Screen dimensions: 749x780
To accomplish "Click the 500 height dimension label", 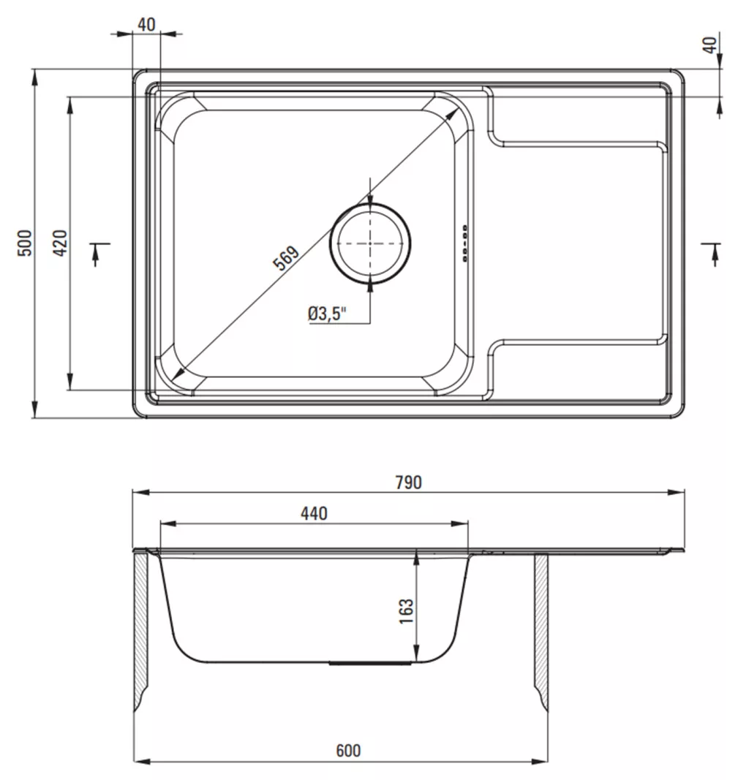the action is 25,243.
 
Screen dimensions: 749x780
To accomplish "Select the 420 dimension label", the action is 60,243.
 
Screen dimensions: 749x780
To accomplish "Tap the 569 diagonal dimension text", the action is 286,257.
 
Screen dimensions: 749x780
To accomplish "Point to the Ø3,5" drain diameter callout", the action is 327,314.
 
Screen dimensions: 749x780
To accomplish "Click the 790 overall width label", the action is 409,482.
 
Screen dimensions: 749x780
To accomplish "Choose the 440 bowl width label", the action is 314,513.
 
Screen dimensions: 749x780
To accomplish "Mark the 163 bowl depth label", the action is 406,611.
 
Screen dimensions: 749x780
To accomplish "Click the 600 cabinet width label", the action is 348,750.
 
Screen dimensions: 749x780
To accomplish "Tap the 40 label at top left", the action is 146,24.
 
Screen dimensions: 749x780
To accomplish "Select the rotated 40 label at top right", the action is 710,45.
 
